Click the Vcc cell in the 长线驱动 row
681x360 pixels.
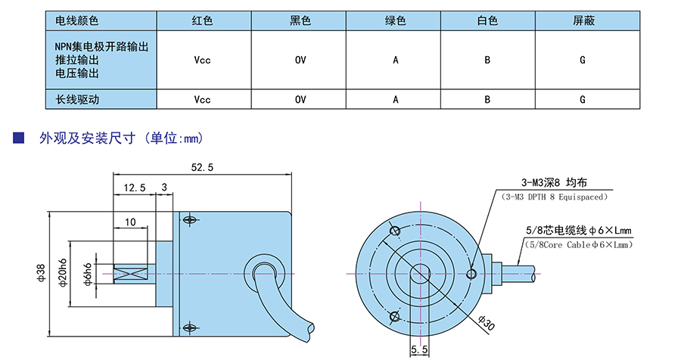[203, 99]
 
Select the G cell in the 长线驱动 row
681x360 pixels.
[583, 99]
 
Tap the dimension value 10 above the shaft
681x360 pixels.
[131, 222]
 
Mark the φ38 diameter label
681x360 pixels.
[41, 272]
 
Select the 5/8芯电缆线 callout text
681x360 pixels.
[578, 231]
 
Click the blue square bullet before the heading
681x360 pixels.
[19, 138]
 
